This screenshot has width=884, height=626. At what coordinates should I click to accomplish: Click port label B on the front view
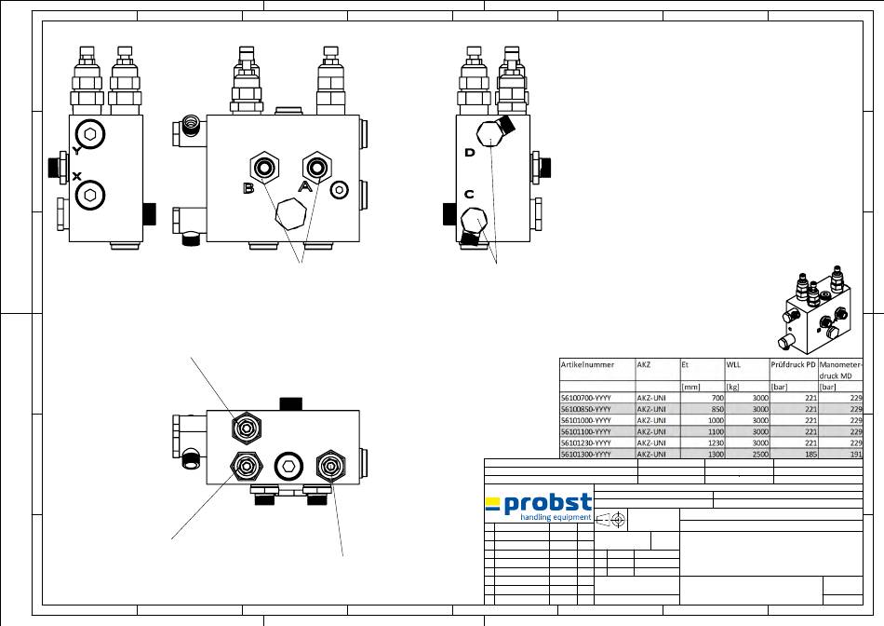pyautogui.click(x=248, y=188)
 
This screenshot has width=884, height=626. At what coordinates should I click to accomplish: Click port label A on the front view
pyautogui.click(x=304, y=185)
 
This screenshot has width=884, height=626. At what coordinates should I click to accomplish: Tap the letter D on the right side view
pyautogui.click(x=470, y=152)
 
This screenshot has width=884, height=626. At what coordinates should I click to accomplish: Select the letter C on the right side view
pyautogui.click(x=470, y=194)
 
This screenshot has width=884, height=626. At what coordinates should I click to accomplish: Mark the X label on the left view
pyautogui.click(x=76, y=176)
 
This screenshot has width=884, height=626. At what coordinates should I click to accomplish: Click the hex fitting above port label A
pyautogui.click(x=317, y=167)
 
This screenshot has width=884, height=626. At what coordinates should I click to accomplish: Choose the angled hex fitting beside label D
pyautogui.click(x=490, y=129)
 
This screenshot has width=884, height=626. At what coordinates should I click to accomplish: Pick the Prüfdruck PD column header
pyautogui.click(x=792, y=364)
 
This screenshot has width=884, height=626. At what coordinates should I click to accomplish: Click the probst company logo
pyautogui.click(x=539, y=507)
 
